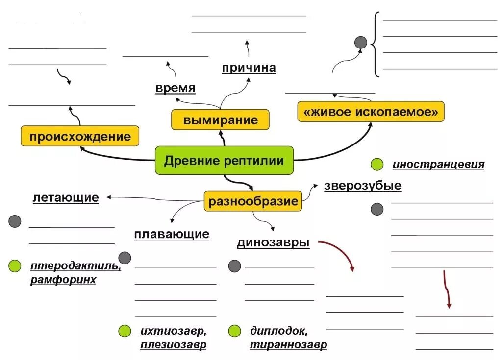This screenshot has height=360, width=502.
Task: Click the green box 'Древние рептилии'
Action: point(224,160)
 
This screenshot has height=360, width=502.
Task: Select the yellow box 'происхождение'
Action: point(80,136)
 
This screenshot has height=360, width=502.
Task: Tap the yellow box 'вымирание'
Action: point(220,120)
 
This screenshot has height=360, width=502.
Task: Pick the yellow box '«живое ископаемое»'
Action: point(371,112)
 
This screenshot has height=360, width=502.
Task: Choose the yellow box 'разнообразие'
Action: point(253,201)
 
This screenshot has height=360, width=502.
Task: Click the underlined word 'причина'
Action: point(249,68)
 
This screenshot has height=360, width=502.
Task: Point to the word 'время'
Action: point(176,88)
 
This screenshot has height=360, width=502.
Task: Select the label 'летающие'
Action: point(66,198)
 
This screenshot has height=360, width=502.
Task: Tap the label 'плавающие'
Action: point(172,234)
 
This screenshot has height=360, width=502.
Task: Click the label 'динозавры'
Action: point(273,242)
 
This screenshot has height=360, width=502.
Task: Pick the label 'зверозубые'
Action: point(362,186)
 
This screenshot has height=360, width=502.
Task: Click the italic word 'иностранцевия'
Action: point(438,165)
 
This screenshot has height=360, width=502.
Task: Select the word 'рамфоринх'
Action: point(63,280)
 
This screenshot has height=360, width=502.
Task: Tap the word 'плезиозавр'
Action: point(173,345)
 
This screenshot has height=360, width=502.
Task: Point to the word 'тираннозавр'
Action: point(288,345)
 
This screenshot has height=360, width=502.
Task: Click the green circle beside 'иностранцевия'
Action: point(377,165)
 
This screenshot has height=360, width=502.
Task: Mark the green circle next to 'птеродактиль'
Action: point(15,266)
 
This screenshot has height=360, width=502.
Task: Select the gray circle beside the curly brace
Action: point(361,42)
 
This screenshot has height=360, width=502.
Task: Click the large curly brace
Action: point(376,45)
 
